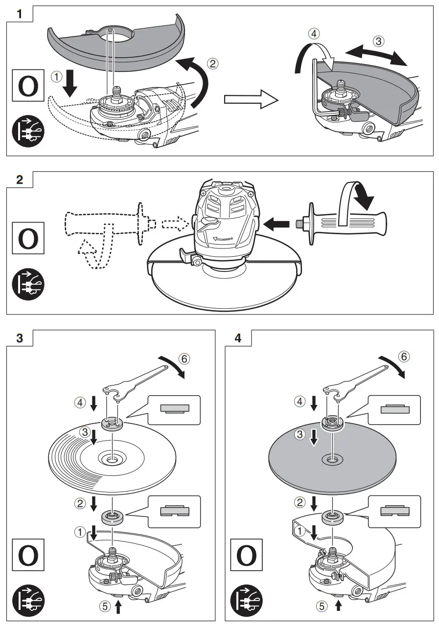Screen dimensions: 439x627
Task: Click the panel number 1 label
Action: coord(19,14)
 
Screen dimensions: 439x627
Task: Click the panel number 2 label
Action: coord(20,179)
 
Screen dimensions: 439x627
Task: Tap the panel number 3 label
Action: coord(20,338)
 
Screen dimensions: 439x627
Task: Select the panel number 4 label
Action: coord(238,338)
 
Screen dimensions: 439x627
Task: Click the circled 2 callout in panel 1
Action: coord(212,64)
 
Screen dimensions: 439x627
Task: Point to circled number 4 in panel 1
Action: coord(314,34)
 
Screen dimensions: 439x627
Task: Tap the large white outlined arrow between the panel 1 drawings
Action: coord(251,99)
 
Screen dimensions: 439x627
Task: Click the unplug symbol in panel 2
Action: coord(28,284)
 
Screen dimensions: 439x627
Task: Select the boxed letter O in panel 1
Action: coord(28,85)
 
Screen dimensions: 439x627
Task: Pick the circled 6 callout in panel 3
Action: coord(185,359)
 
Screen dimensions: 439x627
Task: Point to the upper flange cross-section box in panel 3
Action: coord(174,409)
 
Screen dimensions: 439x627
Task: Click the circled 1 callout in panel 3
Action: coord(80,532)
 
